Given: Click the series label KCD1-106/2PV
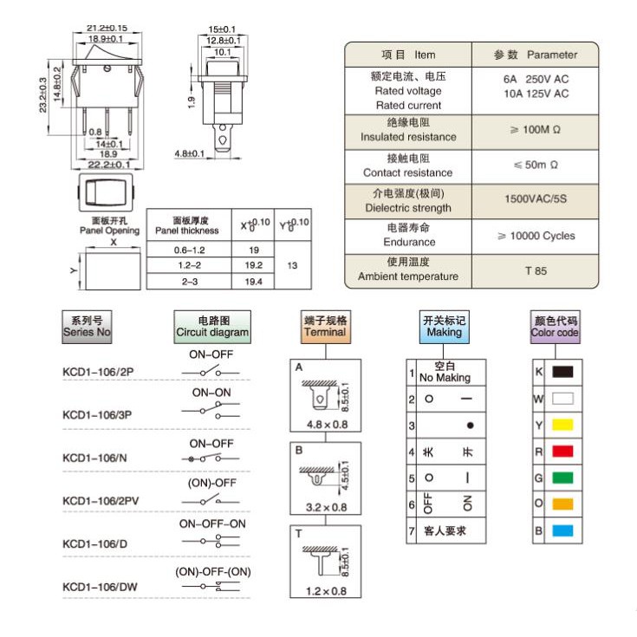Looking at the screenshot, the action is (x=101, y=501).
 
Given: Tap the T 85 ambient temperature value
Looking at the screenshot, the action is (x=536, y=270).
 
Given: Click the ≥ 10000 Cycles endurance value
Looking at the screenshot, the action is (x=536, y=236).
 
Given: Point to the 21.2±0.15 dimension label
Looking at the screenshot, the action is (x=107, y=28).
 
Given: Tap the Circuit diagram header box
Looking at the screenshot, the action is (x=212, y=326).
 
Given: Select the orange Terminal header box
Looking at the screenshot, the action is (x=325, y=326).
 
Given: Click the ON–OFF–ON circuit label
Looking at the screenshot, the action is (x=212, y=523).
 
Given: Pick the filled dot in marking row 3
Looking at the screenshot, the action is (x=469, y=426).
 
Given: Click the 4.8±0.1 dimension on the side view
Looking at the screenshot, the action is (x=189, y=153).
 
